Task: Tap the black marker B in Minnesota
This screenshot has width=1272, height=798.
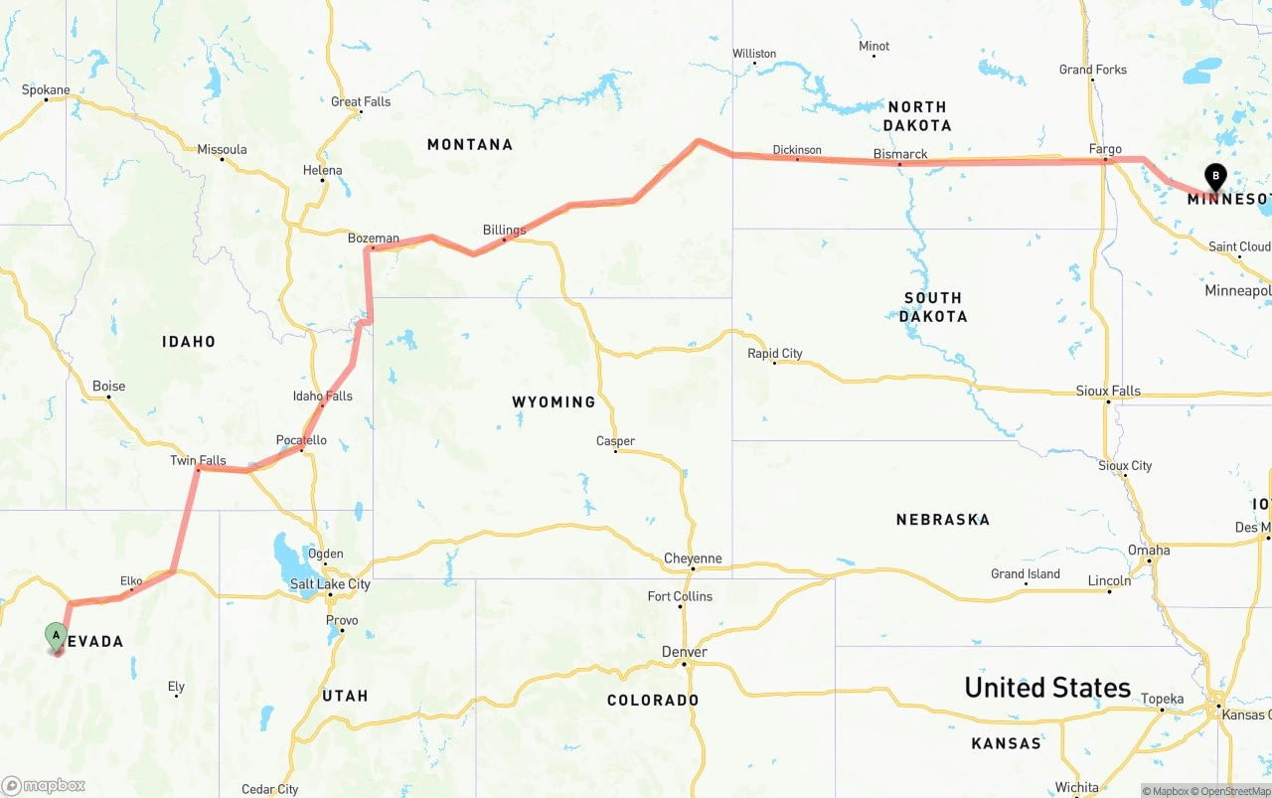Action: pos(1214,177)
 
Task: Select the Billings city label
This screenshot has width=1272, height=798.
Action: pos(504,230)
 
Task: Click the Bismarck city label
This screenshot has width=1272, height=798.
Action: pos(899,154)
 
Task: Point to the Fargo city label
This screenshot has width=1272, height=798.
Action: pos(1105,149)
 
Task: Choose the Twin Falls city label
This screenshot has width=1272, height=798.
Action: pos(198,460)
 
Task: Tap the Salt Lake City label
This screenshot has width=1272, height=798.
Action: pos(330,584)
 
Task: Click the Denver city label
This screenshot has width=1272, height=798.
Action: pos(685,652)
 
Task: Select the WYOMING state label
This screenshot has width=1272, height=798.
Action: pos(554,401)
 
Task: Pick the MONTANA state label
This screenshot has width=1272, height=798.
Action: pos(470,144)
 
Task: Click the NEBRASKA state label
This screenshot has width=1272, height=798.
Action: pos(942,519)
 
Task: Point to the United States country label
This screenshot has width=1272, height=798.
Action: pos(1047,687)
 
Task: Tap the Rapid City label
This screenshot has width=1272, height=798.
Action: pos(775,353)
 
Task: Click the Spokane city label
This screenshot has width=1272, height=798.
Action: pos(46,89)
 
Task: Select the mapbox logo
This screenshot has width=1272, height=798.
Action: pos(44,785)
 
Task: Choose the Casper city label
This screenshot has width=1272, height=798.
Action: pos(615,441)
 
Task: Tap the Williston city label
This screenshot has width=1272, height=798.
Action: pos(754,53)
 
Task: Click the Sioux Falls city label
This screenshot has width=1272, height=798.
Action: pos(1108,391)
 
